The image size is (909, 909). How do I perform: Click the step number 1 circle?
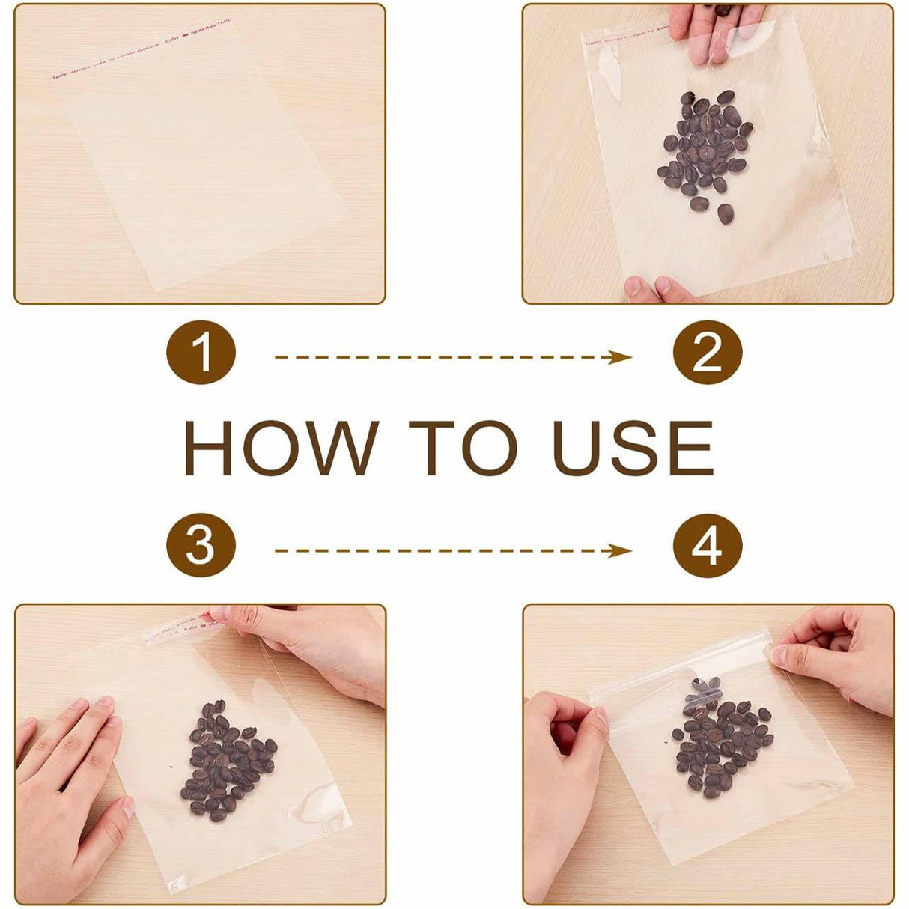coord(201,353)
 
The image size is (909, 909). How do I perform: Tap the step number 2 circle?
coord(707,353)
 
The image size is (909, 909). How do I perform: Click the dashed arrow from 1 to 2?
coord(453,357)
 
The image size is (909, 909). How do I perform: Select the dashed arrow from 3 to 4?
coord(453,551)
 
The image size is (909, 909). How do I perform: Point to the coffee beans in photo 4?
coord(719,738)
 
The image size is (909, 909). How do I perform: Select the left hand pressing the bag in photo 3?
coord(67,771)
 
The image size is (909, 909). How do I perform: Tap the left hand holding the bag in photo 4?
coord(562,771)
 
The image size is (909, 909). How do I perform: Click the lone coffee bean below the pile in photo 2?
coord(725,214)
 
